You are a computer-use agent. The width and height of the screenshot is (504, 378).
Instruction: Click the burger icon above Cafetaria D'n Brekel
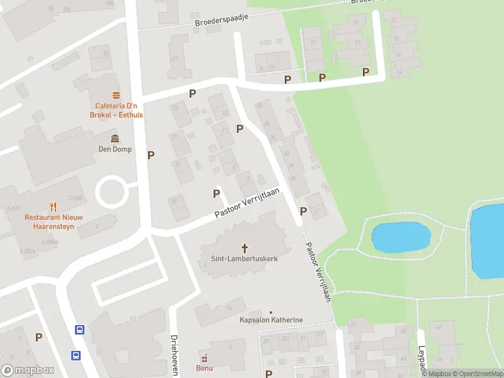point(116,96)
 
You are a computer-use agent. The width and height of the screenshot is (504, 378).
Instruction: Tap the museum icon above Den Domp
point(114,139)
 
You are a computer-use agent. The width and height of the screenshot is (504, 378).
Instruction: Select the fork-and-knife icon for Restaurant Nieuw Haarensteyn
point(54,206)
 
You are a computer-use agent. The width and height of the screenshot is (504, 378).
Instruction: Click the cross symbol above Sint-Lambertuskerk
point(244,248)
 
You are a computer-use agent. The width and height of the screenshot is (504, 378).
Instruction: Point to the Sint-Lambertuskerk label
point(244,259)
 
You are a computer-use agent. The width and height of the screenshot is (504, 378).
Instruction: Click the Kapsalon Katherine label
point(271,320)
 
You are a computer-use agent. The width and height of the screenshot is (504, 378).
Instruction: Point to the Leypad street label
point(421,357)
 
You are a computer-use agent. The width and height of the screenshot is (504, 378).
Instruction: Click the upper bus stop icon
point(79,329)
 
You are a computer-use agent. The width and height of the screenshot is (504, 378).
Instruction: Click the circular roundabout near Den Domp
point(110,191)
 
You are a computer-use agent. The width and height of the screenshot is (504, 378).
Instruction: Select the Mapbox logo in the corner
point(27,370)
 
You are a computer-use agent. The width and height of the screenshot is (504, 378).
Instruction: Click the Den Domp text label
point(114,149)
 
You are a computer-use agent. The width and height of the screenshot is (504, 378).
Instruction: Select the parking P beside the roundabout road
point(151,155)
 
